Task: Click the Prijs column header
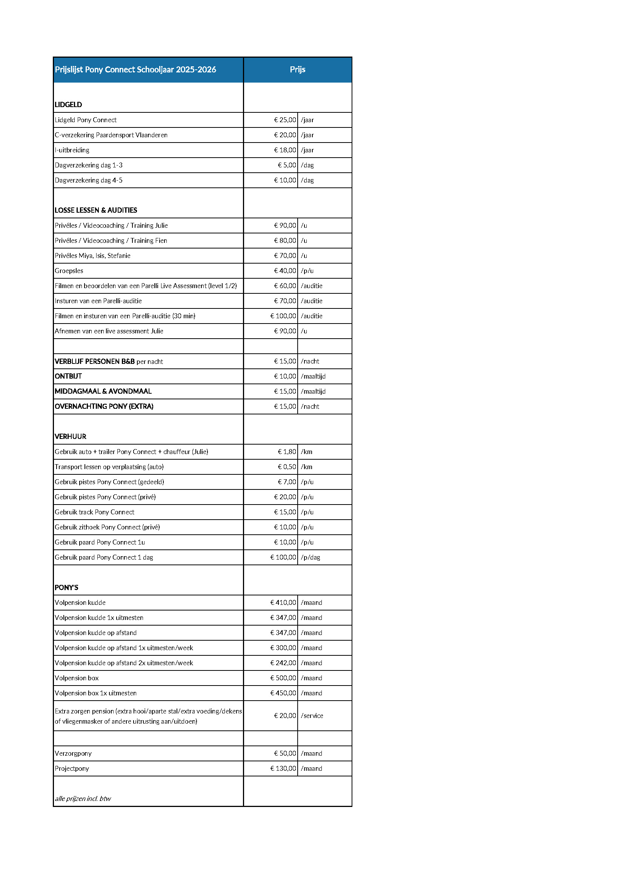(297, 69)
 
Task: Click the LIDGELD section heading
(68, 104)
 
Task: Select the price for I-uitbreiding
(285, 150)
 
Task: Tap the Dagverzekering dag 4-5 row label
(88, 180)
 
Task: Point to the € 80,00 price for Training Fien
(285, 241)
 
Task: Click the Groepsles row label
(69, 271)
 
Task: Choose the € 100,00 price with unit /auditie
(283, 316)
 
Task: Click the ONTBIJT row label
(68, 376)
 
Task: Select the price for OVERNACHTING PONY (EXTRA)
(285, 406)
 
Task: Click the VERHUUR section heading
(70, 437)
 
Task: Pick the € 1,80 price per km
(287, 452)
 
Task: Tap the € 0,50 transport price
(287, 467)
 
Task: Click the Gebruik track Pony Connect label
(95, 512)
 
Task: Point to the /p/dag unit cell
(310, 557)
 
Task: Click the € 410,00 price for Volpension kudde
(283, 603)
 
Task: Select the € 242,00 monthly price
(283, 663)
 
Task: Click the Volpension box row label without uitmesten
(77, 678)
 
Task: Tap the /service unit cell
(312, 716)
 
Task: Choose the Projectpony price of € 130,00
(283, 768)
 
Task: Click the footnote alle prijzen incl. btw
(83, 799)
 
